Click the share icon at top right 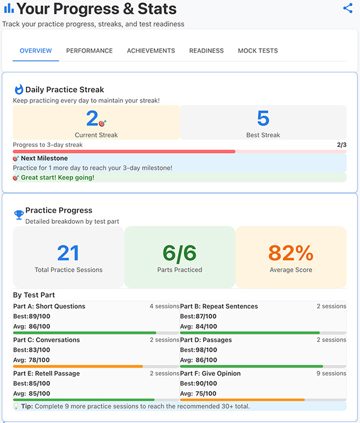[x=348, y=8]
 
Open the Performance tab [x=89, y=51]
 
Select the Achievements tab [x=151, y=51]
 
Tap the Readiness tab [x=206, y=51]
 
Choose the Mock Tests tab [x=258, y=51]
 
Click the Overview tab [x=36, y=51]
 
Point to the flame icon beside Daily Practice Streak [x=19, y=89]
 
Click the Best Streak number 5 [x=263, y=118]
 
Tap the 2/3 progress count [x=341, y=145]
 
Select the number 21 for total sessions [x=68, y=253]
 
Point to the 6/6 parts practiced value [x=179, y=253]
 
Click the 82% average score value [x=290, y=253]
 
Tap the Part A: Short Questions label [x=49, y=307]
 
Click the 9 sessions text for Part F [x=332, y=373]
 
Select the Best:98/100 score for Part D [x=199, y=350]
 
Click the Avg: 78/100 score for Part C [x=32, y=360]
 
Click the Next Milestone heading [x=44, y=158]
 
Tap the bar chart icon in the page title [x=8, y=8]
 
